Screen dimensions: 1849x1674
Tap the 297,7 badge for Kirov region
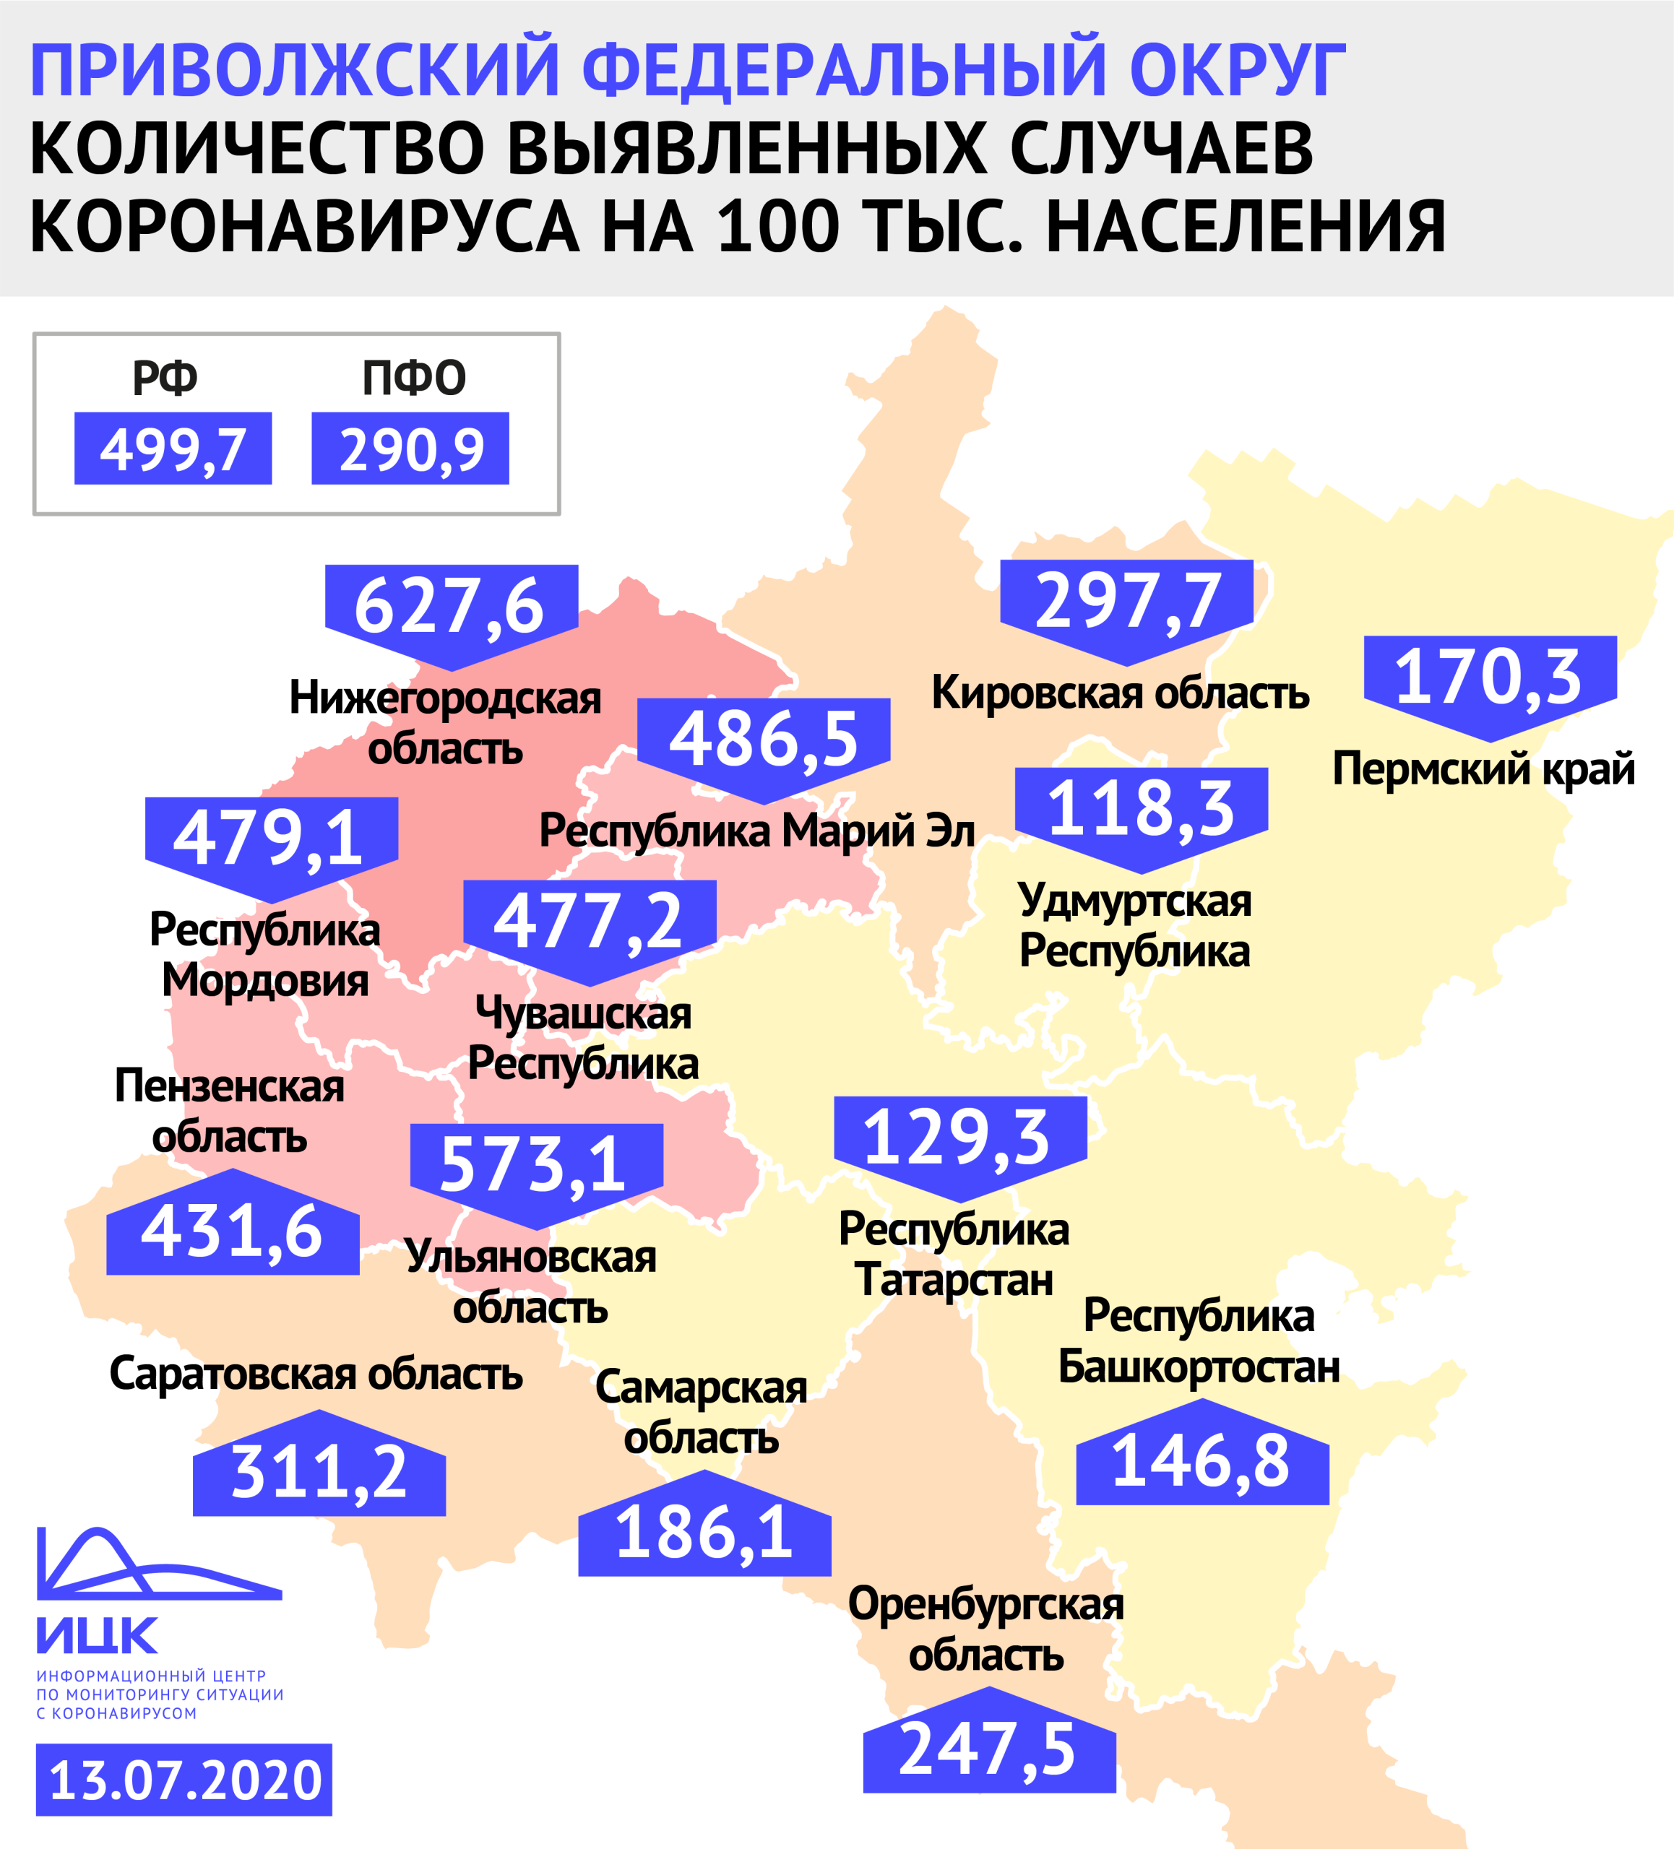click(x=1126, y=602)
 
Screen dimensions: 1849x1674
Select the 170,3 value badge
click(x=1490, y=677)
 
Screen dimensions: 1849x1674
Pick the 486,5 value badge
click(x=763, y=739)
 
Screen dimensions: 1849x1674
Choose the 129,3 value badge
click(x=959, y=1138)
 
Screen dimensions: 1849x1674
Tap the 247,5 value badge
click(x=989, y=1750)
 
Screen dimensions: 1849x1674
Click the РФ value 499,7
click(x=173, y=449)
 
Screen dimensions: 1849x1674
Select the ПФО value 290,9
click(x=410, y=449)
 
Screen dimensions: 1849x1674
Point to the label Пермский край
click(x=1483, y=768)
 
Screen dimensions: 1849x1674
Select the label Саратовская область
click(x=316, y=1374)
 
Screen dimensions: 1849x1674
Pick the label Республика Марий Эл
click(x=756, y=831)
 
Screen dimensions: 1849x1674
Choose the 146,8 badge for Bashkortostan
click(x=1201, y=1461)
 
